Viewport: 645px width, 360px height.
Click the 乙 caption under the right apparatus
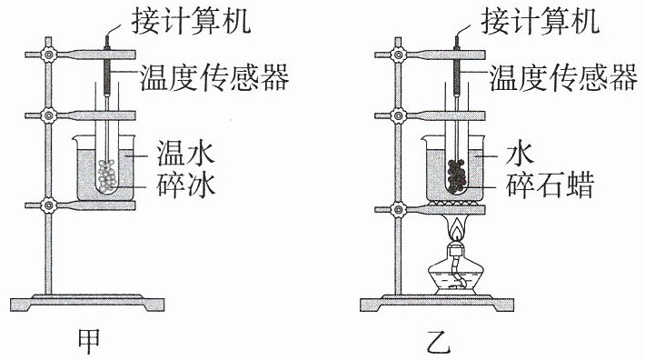coord(439,341)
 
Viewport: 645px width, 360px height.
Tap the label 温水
coord(185,153)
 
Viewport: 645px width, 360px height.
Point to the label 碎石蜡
coord(551,185)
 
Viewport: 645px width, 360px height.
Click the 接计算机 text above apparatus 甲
coord(191,21)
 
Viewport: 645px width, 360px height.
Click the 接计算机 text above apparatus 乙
coord(541,22)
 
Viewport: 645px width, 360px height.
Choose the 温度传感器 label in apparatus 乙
coord(563,78)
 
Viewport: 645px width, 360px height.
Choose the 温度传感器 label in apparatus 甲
coord(214,77)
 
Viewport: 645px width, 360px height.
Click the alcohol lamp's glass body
coord(452,276)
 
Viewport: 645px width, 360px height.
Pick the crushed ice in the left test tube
coord(108,176)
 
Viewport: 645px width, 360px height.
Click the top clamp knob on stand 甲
coord(48,55)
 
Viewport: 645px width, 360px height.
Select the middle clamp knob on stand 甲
coord(48,115)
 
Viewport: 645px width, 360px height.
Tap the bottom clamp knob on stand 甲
coord(48,205)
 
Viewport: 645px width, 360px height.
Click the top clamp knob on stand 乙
coord(398,55)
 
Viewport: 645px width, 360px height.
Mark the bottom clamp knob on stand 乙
coord(398,209)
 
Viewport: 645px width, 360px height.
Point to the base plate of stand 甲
coord(87,303)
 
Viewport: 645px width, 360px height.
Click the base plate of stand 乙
coord(437,303)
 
